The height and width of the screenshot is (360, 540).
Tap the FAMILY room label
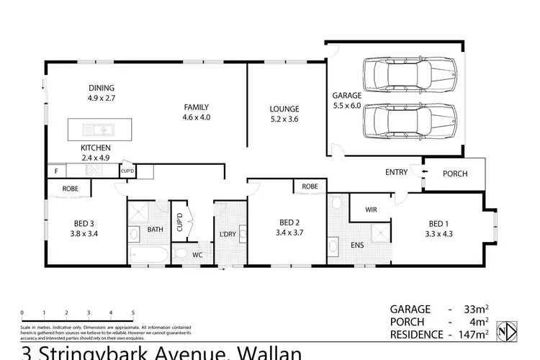tap(197, 107)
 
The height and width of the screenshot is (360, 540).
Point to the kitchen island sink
tap(104, 130)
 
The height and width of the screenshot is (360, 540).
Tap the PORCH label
tap(454, 174)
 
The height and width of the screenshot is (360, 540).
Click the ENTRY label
tap(397, 172)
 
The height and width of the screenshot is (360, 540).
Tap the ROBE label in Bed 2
tap(310, 186)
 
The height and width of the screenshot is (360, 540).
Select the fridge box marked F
tap(56, 171)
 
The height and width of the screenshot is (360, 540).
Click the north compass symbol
tap(510, 335)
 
